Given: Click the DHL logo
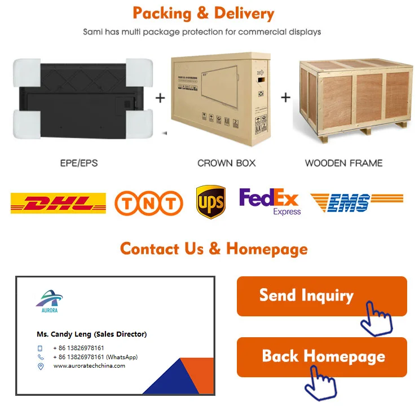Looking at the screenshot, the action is point(58,202).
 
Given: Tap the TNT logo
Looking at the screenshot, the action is point(149,203).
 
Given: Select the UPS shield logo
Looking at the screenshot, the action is point(210,202).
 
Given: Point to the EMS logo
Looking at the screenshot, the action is point(356,202).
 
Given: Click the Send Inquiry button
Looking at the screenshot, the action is point(321,296).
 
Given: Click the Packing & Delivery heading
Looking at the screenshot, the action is point(203,13).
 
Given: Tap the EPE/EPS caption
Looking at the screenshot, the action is point(79,163).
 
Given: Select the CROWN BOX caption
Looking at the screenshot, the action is point(226,163).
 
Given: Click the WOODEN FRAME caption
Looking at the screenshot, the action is point(343,163).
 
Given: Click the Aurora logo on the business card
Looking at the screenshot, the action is point(49,301).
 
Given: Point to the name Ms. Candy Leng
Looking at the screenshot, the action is point(91,334).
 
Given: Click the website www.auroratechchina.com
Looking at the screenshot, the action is point(89,366).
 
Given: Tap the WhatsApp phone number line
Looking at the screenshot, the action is point(95,357).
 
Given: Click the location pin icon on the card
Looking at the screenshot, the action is point(41,367).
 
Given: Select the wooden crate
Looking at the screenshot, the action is point(354,96).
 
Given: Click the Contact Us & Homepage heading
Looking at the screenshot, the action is point(214,249).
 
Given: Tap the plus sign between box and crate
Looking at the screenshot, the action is point(285,98).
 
